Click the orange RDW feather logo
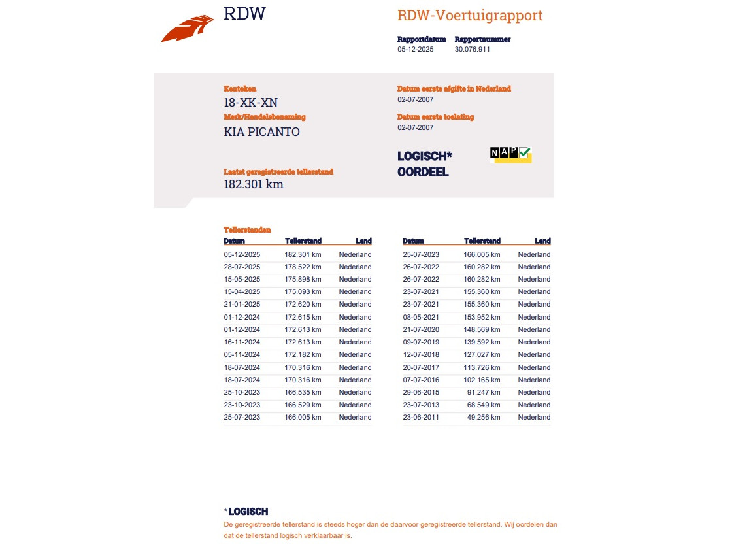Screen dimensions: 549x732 tap(188, 29)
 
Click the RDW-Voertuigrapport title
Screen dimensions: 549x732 tap(470, 16)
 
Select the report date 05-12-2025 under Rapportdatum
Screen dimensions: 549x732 tap(416, 49)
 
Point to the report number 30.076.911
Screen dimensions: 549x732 tap(473, 49)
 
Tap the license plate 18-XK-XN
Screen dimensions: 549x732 tap(250, 102)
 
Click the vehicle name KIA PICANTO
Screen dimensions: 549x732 tap(261, 132)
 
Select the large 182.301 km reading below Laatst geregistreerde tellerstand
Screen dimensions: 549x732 tap(254, 184)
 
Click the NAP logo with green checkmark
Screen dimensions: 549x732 tap(510, 154)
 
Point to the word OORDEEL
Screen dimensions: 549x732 tap(423, 173)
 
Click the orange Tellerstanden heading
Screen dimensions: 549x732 tap(247, 230)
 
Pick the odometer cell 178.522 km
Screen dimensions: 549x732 tap(303, 267)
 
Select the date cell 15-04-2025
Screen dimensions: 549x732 tap(242, 292)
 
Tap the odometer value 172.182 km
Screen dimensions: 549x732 tap(303, 355)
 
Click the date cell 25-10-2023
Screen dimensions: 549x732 tap(242, 393)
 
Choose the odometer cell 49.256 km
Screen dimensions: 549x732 tap(484, 418)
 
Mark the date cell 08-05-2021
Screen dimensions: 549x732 tap(421, 317)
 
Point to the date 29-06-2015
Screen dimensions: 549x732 tap(421, 393)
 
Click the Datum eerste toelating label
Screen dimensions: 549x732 tap(435, 117)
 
